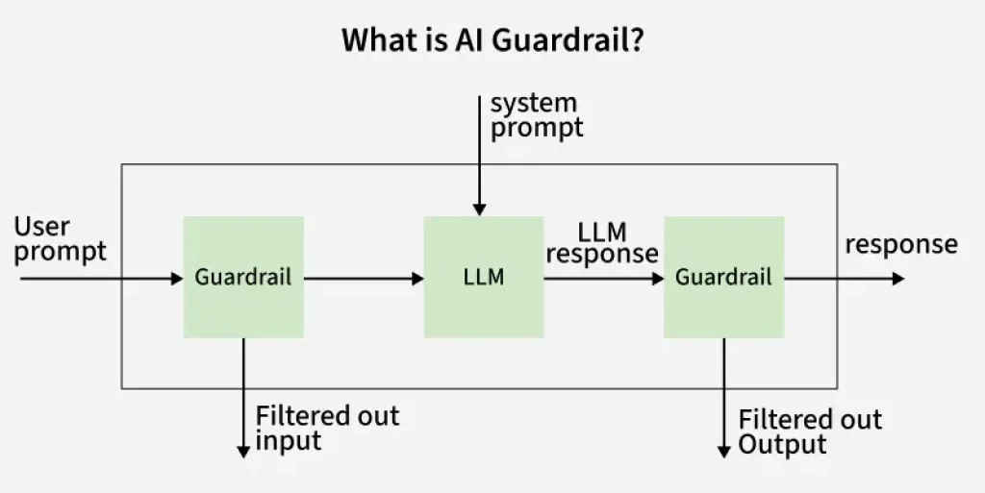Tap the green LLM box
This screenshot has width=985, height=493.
(483, 277)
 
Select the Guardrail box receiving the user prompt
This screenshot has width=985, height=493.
(243, 277)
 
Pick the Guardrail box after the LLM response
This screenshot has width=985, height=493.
(723, 277)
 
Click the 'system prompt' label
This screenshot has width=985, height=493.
(536, 114)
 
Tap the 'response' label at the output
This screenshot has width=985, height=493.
(900, 244)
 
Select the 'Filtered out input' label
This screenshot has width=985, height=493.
(326, 429)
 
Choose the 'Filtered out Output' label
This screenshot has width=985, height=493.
(809, 431)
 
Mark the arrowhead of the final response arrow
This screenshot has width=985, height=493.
(897, 279)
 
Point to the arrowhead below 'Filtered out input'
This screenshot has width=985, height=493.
(243, 451)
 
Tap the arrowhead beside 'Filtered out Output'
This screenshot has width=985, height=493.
(723, 451)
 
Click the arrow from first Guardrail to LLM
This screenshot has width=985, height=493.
(364, 279)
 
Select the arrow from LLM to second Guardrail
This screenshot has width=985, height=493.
(603, 279)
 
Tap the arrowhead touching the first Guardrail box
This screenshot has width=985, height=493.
(176, 279)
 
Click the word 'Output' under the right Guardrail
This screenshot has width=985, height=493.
(782, 444)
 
